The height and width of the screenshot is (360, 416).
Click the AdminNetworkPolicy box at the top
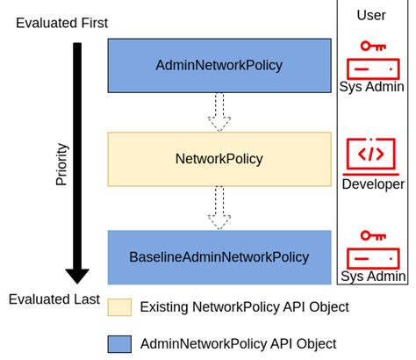(x=219, y=65)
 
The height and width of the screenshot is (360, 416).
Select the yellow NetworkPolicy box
(x=219, y=159)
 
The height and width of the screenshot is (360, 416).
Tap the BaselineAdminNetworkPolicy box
(x=219, y=257)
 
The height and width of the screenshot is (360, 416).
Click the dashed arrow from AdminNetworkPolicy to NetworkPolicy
(x=219, y=112)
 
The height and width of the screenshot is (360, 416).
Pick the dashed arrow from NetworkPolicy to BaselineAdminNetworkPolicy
(x=219, y=207)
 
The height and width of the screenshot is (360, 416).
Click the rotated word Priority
(x=61, y=163)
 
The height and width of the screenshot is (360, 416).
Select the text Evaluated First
(x=61, y=24)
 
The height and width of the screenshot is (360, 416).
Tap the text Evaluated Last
(x=54, y=299)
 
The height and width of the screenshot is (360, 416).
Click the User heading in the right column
(x=371, y=15)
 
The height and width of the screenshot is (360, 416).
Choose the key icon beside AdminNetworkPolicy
(x=372, y=46)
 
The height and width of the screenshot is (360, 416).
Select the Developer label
(x=372, y=184)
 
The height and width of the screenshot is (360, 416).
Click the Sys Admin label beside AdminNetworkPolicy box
(x=372, y=87)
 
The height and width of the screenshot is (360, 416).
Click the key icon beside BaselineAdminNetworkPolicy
(x=372, y=236)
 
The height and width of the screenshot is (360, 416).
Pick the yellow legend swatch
(x=119, y=307)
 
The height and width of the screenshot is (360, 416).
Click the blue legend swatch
(x=119, y=343)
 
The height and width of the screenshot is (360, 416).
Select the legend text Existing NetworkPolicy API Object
(x=244, y=307)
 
